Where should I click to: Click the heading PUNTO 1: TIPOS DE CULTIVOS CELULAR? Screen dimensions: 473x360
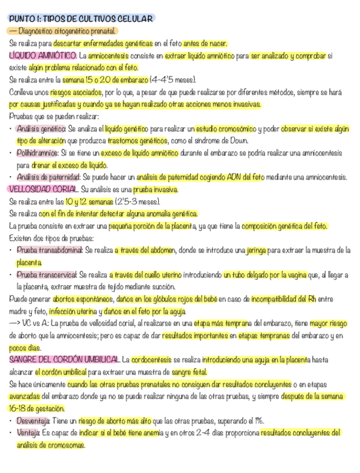coord(81,19)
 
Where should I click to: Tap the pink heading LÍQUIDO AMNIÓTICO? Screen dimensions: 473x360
coord(43,56)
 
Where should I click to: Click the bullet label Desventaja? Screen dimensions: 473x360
coord(33,421)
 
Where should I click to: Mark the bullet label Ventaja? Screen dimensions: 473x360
coord(28,433)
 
